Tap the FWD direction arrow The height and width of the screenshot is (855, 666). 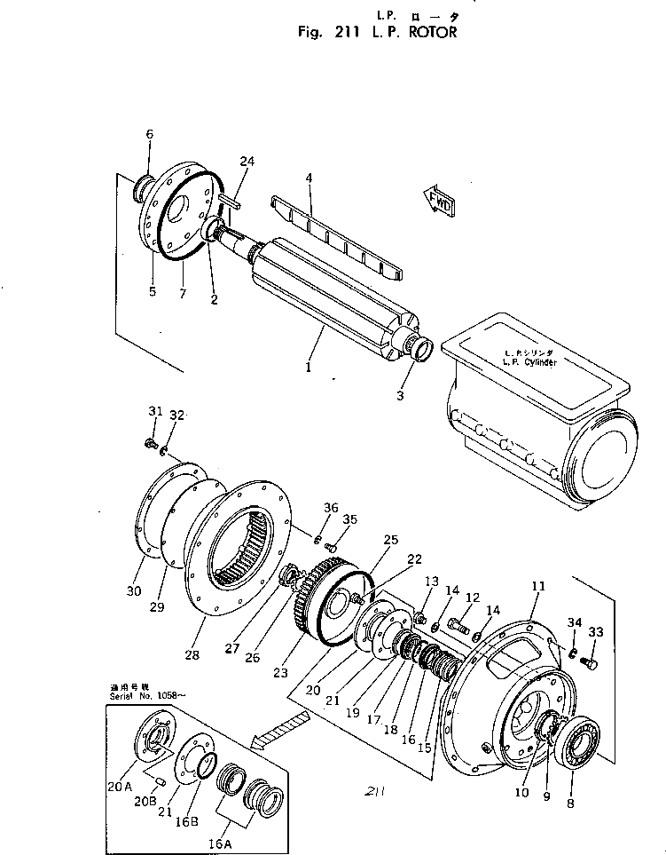[442, 202]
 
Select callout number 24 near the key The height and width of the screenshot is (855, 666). [247, 161]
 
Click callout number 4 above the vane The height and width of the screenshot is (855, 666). [309, 178]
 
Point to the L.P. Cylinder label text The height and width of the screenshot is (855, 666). [529, 364]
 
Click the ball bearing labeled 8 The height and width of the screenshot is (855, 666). [577, 736]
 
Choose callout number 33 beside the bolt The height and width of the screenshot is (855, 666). [597, 632]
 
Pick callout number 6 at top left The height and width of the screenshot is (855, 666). [149, 134]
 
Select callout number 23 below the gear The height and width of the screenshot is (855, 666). [280, 673]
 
